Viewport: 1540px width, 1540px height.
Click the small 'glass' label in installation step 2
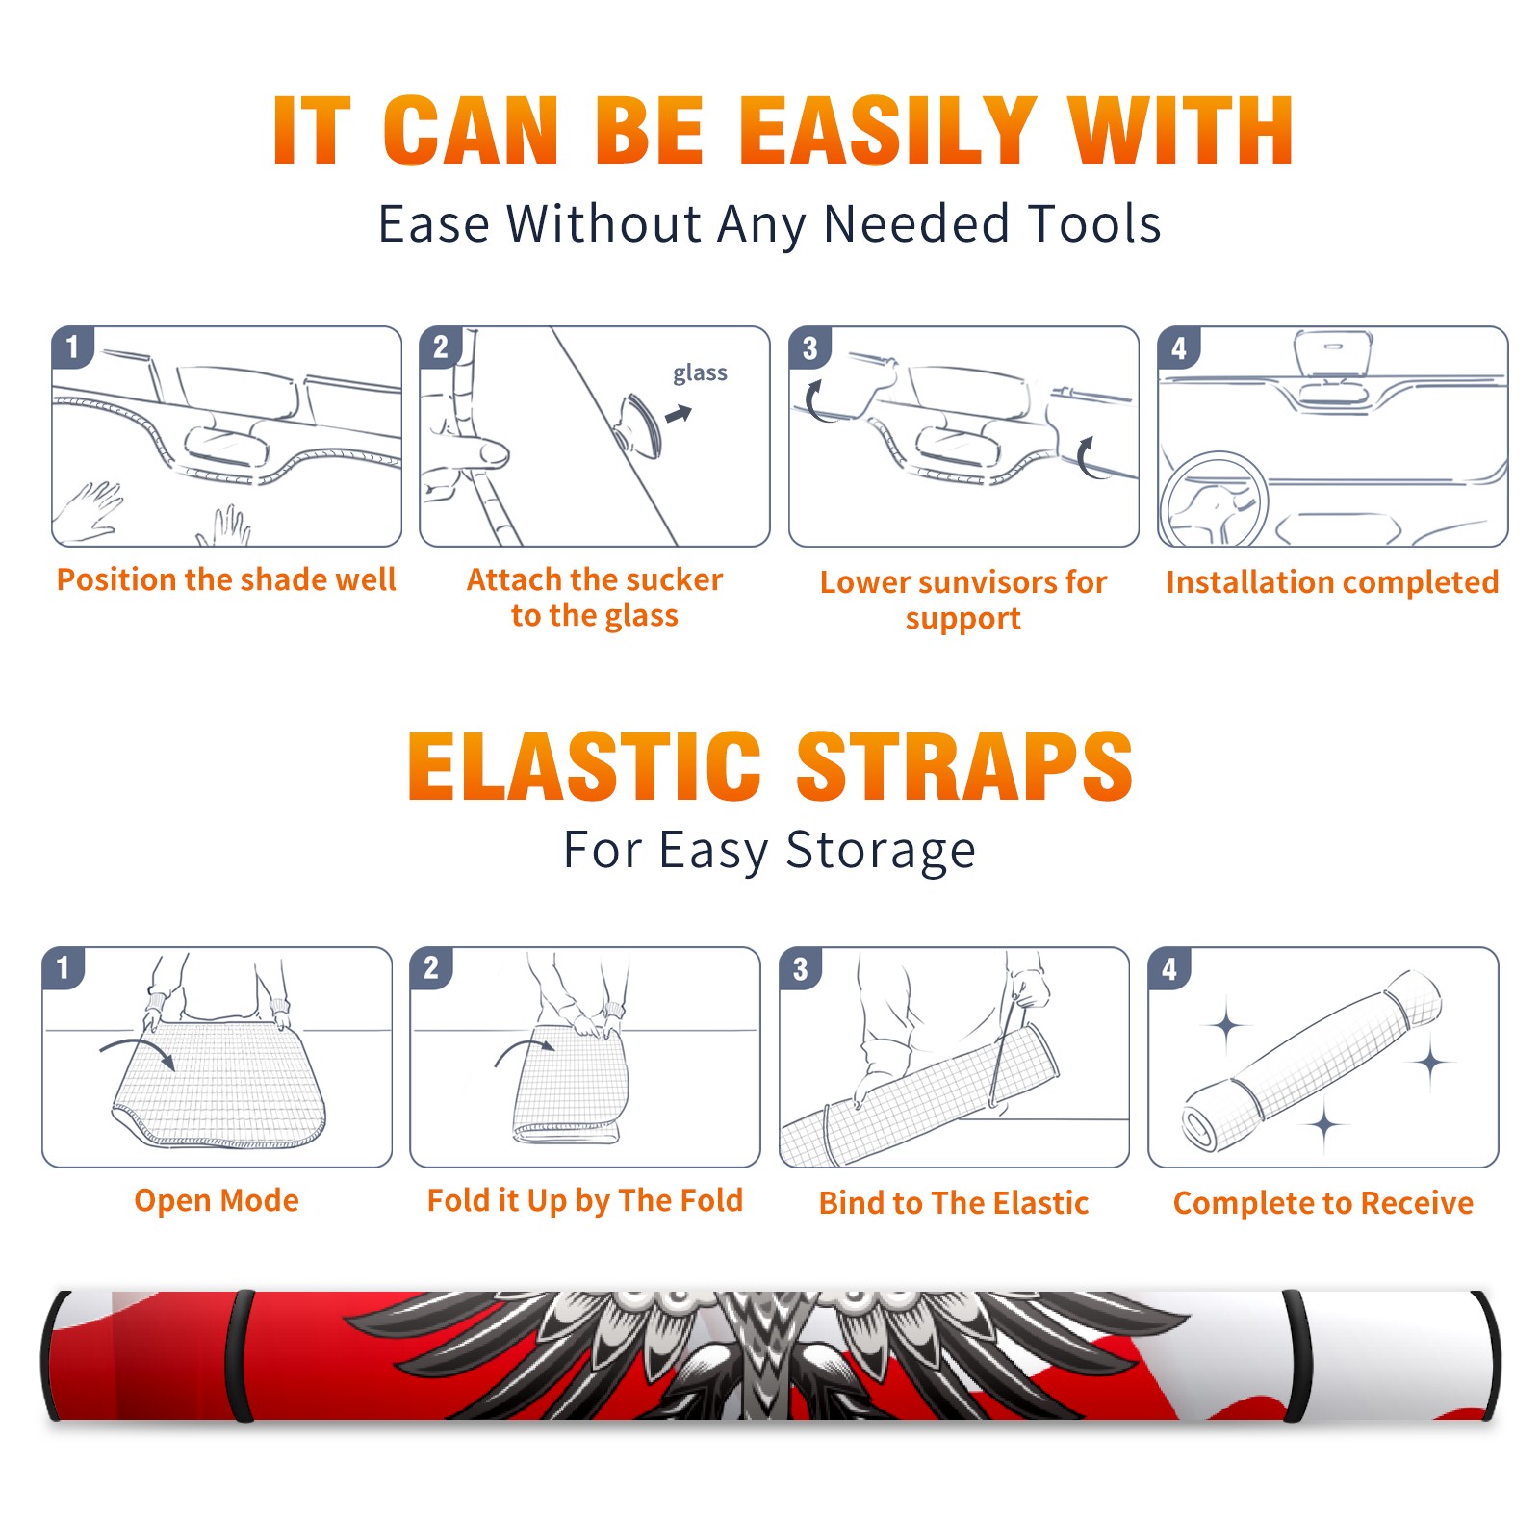[x=700, y=373]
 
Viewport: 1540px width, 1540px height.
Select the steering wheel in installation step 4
[x=1215, y=499]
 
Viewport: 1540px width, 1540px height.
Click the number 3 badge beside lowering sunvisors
[x=810, y=348]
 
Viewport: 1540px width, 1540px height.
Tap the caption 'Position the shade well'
[x=226, y=579]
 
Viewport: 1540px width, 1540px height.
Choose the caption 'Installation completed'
[x=1332, y=581]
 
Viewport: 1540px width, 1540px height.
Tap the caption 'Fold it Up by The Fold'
[x=585, y=1200]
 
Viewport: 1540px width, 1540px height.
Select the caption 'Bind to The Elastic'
[x=954, y=1203]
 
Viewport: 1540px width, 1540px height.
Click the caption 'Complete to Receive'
[x=1323, y=1203]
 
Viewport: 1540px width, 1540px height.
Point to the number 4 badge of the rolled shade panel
[x=1169, y=969]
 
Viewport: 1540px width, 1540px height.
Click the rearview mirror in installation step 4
[x=1333, y=353]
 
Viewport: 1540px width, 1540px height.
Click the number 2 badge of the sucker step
[x=441, y=347]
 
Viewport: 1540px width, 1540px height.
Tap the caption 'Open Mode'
[x=217, y=1200]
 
